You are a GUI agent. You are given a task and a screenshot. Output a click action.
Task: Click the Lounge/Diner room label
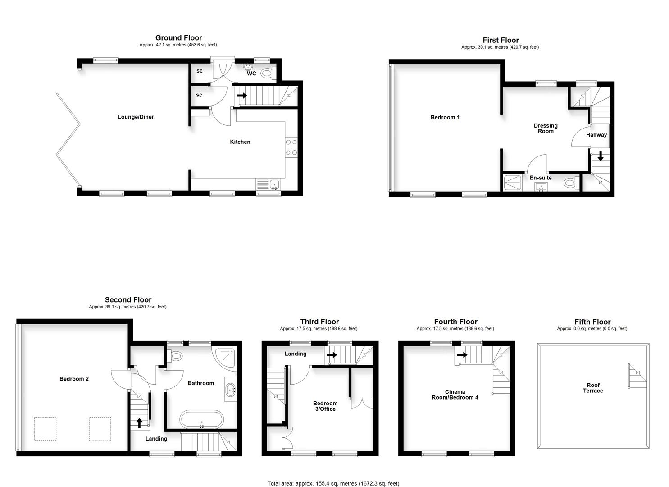(x=136, y=117)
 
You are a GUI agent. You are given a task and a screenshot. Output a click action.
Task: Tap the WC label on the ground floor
(x=251, y=74)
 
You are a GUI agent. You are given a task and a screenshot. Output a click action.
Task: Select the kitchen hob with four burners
(x=291, y=147)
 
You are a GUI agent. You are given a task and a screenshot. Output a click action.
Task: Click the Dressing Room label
(x=546, y=129)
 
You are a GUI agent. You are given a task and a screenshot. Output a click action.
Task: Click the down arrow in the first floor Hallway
(x=600, y=156)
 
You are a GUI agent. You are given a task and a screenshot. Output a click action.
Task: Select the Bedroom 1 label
(x=445, y=117)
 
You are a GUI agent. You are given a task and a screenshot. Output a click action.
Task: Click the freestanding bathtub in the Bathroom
(x=201, y=419)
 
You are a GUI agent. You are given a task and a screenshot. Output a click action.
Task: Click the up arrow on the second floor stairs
(x=139, y=423)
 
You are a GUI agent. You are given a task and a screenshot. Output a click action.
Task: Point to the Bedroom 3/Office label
(x=325, y=406)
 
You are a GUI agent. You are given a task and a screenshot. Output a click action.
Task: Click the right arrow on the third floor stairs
(x=332, y=355)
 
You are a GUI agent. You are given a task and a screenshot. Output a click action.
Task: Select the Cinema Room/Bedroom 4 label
(x=455, y=395)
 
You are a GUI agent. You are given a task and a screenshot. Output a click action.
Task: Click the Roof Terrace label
(x=593, y=388)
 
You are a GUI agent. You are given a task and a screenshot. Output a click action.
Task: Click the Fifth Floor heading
(x=592, y=322)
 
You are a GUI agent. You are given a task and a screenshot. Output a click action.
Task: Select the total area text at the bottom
(x=333, y=483)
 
